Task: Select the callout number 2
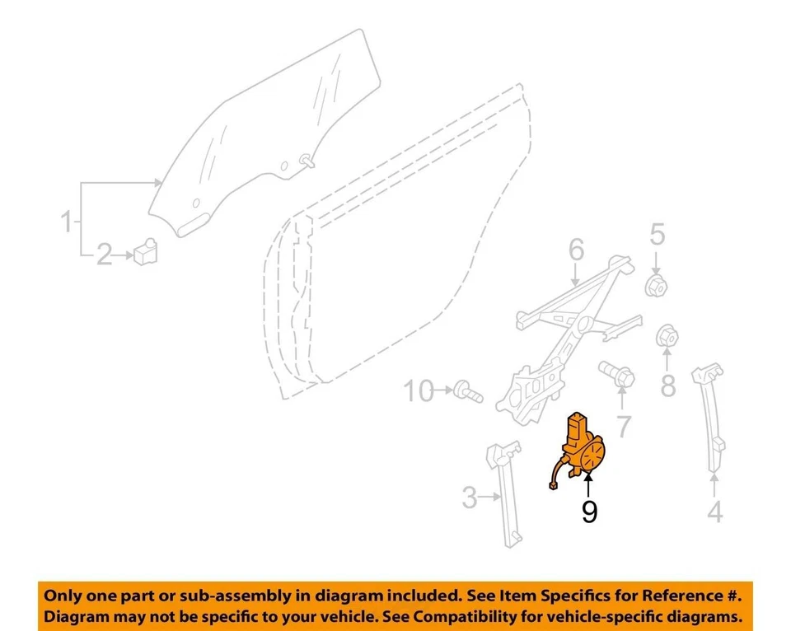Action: click(x=105, y=255)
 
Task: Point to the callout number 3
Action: click(x=470, y=497)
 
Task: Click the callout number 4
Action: click(x=715, y=512)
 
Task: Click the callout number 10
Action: click(x=419, y=390)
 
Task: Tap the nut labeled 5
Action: click(x=655, y=285)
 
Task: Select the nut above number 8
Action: click(x=667, y=338)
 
